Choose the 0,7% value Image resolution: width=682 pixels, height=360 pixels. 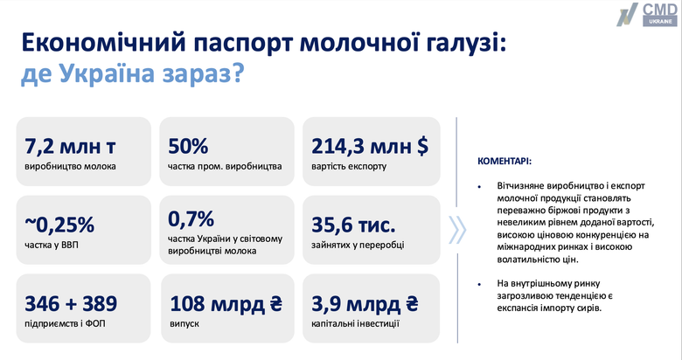[x=190, y=218]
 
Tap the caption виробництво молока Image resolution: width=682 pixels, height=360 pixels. [x=70, y=164]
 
